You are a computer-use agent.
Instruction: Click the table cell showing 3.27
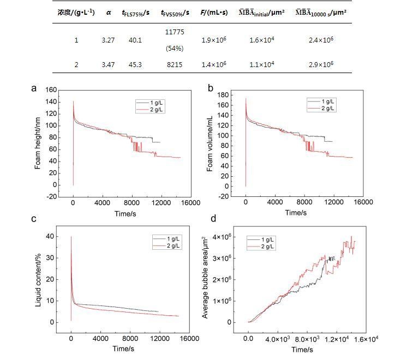[x=107, y=40]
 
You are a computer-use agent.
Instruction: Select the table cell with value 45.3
[x=135, y=64]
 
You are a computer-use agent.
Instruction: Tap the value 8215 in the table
[x=175, y=64]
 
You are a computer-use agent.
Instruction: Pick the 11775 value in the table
[x=175, y=32]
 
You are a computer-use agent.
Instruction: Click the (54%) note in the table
[x=175, y=48]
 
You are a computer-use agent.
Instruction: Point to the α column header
[x=108, y=12]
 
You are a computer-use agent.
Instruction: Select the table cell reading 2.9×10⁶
[x=322, y=64]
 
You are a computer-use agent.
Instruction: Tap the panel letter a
[x=34, y=88]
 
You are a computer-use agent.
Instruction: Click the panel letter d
[x=213, y=219]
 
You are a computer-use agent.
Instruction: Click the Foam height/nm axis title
[x=38, y=142]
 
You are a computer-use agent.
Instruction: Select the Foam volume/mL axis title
[x=210, y=143]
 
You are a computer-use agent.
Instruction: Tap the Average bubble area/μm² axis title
[x=206, y=278]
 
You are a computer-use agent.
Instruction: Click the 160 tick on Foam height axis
[x=52, y=89]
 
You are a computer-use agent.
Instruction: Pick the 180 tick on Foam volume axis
[x=224, y=94]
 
